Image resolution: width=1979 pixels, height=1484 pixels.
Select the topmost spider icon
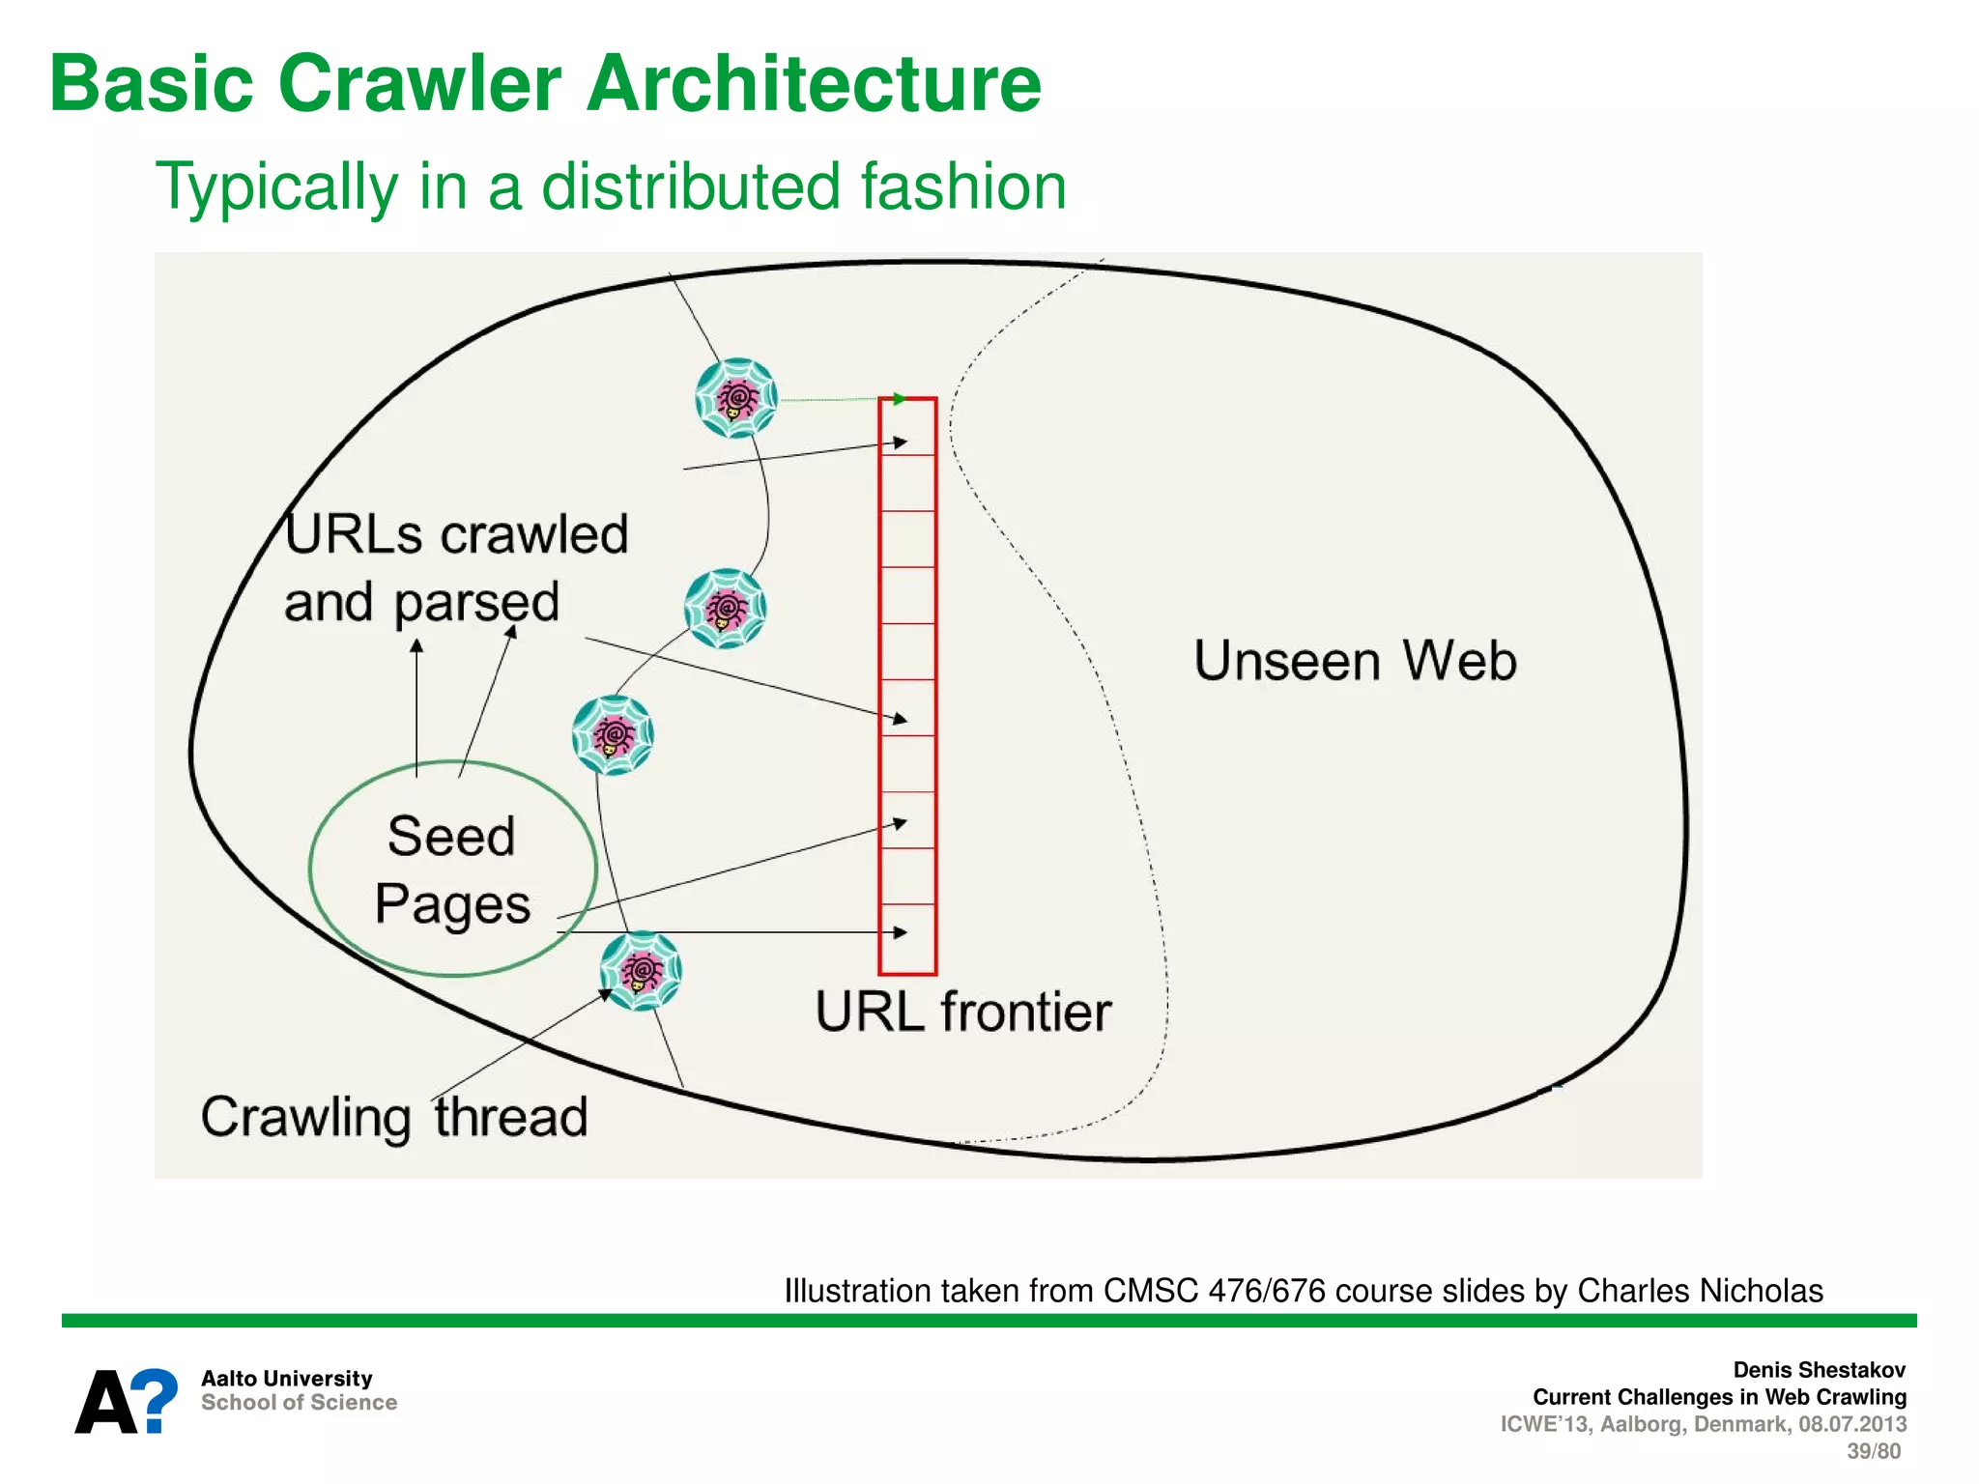(736, 397)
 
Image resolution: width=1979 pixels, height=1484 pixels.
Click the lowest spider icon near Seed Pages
(641, 970)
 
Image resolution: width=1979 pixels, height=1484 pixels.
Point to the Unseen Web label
(1355, 662)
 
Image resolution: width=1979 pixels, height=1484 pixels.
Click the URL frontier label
(962, 1013)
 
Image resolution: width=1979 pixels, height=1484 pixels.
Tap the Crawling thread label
(394, 1118)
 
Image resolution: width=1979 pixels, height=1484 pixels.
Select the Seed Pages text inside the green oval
(452, 870)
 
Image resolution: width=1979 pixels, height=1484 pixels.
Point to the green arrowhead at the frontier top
(900, 399)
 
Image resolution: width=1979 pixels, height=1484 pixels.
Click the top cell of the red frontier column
(907, 427)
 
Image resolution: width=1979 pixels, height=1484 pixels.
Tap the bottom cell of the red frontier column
(907, 938)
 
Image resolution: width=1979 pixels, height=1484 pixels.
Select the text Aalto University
(286, 1379)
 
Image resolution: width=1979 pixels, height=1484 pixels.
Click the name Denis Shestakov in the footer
(1819, 1370)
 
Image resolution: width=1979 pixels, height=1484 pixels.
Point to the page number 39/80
(1873, 1451)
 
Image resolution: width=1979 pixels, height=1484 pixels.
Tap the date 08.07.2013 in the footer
(1851, 1424)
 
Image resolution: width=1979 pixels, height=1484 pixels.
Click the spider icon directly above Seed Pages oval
(613, 734)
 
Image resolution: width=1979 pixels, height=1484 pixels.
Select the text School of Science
(299, 1403)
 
